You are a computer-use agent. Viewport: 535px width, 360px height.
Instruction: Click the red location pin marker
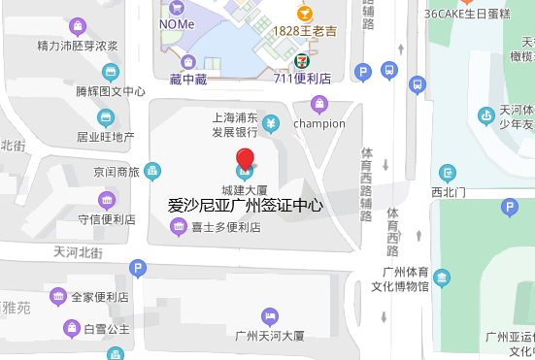(x=245, y=160)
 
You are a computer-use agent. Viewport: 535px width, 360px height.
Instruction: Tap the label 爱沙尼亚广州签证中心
(x=245, y=206)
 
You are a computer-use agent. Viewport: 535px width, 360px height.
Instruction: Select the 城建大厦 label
(x=245, y=188)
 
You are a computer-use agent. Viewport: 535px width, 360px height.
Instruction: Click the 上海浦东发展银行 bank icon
(x=272, y=122)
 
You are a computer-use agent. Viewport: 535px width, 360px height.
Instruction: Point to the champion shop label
(x=318, y=123)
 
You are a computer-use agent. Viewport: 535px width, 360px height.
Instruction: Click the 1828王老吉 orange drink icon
(x=304, y=13)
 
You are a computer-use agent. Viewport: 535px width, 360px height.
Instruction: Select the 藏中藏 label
(x=187, y=78)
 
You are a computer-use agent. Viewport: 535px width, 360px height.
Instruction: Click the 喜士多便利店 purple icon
(x=178, y=228)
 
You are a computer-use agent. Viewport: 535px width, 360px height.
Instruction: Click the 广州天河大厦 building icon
(x=270, y=316)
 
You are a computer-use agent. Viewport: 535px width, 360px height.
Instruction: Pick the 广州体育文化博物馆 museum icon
(x=442, y=278)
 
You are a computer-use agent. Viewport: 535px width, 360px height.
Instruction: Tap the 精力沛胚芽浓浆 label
(x=77, y=46)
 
